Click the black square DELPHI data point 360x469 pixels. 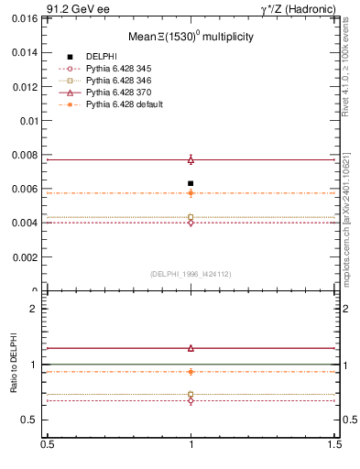(191, 183)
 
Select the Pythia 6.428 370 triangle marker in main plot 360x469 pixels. (191, 159)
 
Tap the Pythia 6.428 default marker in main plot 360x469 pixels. (191, 193)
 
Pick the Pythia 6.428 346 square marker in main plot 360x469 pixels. (191, 217)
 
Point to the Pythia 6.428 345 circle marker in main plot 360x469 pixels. (191, 223)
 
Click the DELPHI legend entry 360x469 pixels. (101, 57)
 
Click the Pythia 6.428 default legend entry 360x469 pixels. (125, 106)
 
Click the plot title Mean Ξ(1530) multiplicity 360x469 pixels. (191, 38)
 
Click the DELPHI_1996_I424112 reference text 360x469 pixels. (191, 274)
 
